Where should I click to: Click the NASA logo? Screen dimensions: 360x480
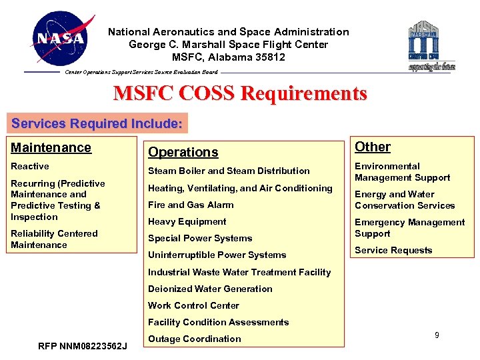coord(62,38)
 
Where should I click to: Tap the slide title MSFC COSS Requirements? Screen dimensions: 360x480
coord(240,93)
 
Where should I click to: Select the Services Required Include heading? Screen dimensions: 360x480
coord(97,123)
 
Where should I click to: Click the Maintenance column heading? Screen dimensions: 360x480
coord(51,147)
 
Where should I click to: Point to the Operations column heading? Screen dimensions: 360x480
coord(183,152)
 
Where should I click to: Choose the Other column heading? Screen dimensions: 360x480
coord(373,147)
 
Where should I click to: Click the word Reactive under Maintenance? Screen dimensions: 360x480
coord(30,166)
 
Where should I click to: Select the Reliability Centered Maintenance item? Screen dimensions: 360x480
coord(54,239)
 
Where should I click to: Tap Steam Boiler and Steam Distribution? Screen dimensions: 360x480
coord(229,171)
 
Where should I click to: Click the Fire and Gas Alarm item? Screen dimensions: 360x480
coord(191,205)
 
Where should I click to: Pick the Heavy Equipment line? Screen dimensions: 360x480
coord(187,221)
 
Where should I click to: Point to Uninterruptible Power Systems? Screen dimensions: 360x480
coord(217,255)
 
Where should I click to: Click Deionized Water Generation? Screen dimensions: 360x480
coord(210,289)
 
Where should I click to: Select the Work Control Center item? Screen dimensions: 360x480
coord(193,305)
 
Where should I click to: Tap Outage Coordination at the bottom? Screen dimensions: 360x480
coord(195,339)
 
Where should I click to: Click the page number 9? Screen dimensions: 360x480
coord(437,335)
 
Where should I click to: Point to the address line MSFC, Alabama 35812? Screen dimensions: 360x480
coord(229,57)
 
